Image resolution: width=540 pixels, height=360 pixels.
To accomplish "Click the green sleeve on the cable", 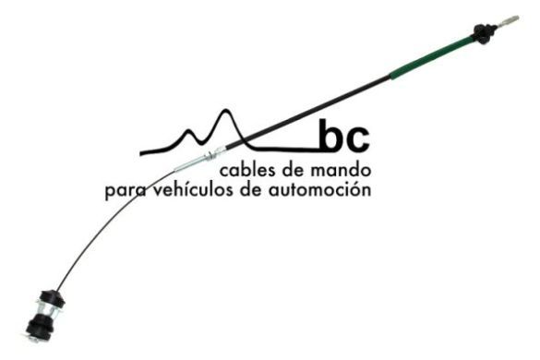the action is point(430,59).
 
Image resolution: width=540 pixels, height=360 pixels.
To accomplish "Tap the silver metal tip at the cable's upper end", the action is point(509,20).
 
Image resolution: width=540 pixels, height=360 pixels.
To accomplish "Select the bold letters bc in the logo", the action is point(342,138).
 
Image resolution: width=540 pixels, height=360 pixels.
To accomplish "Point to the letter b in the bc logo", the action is point(330,137).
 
